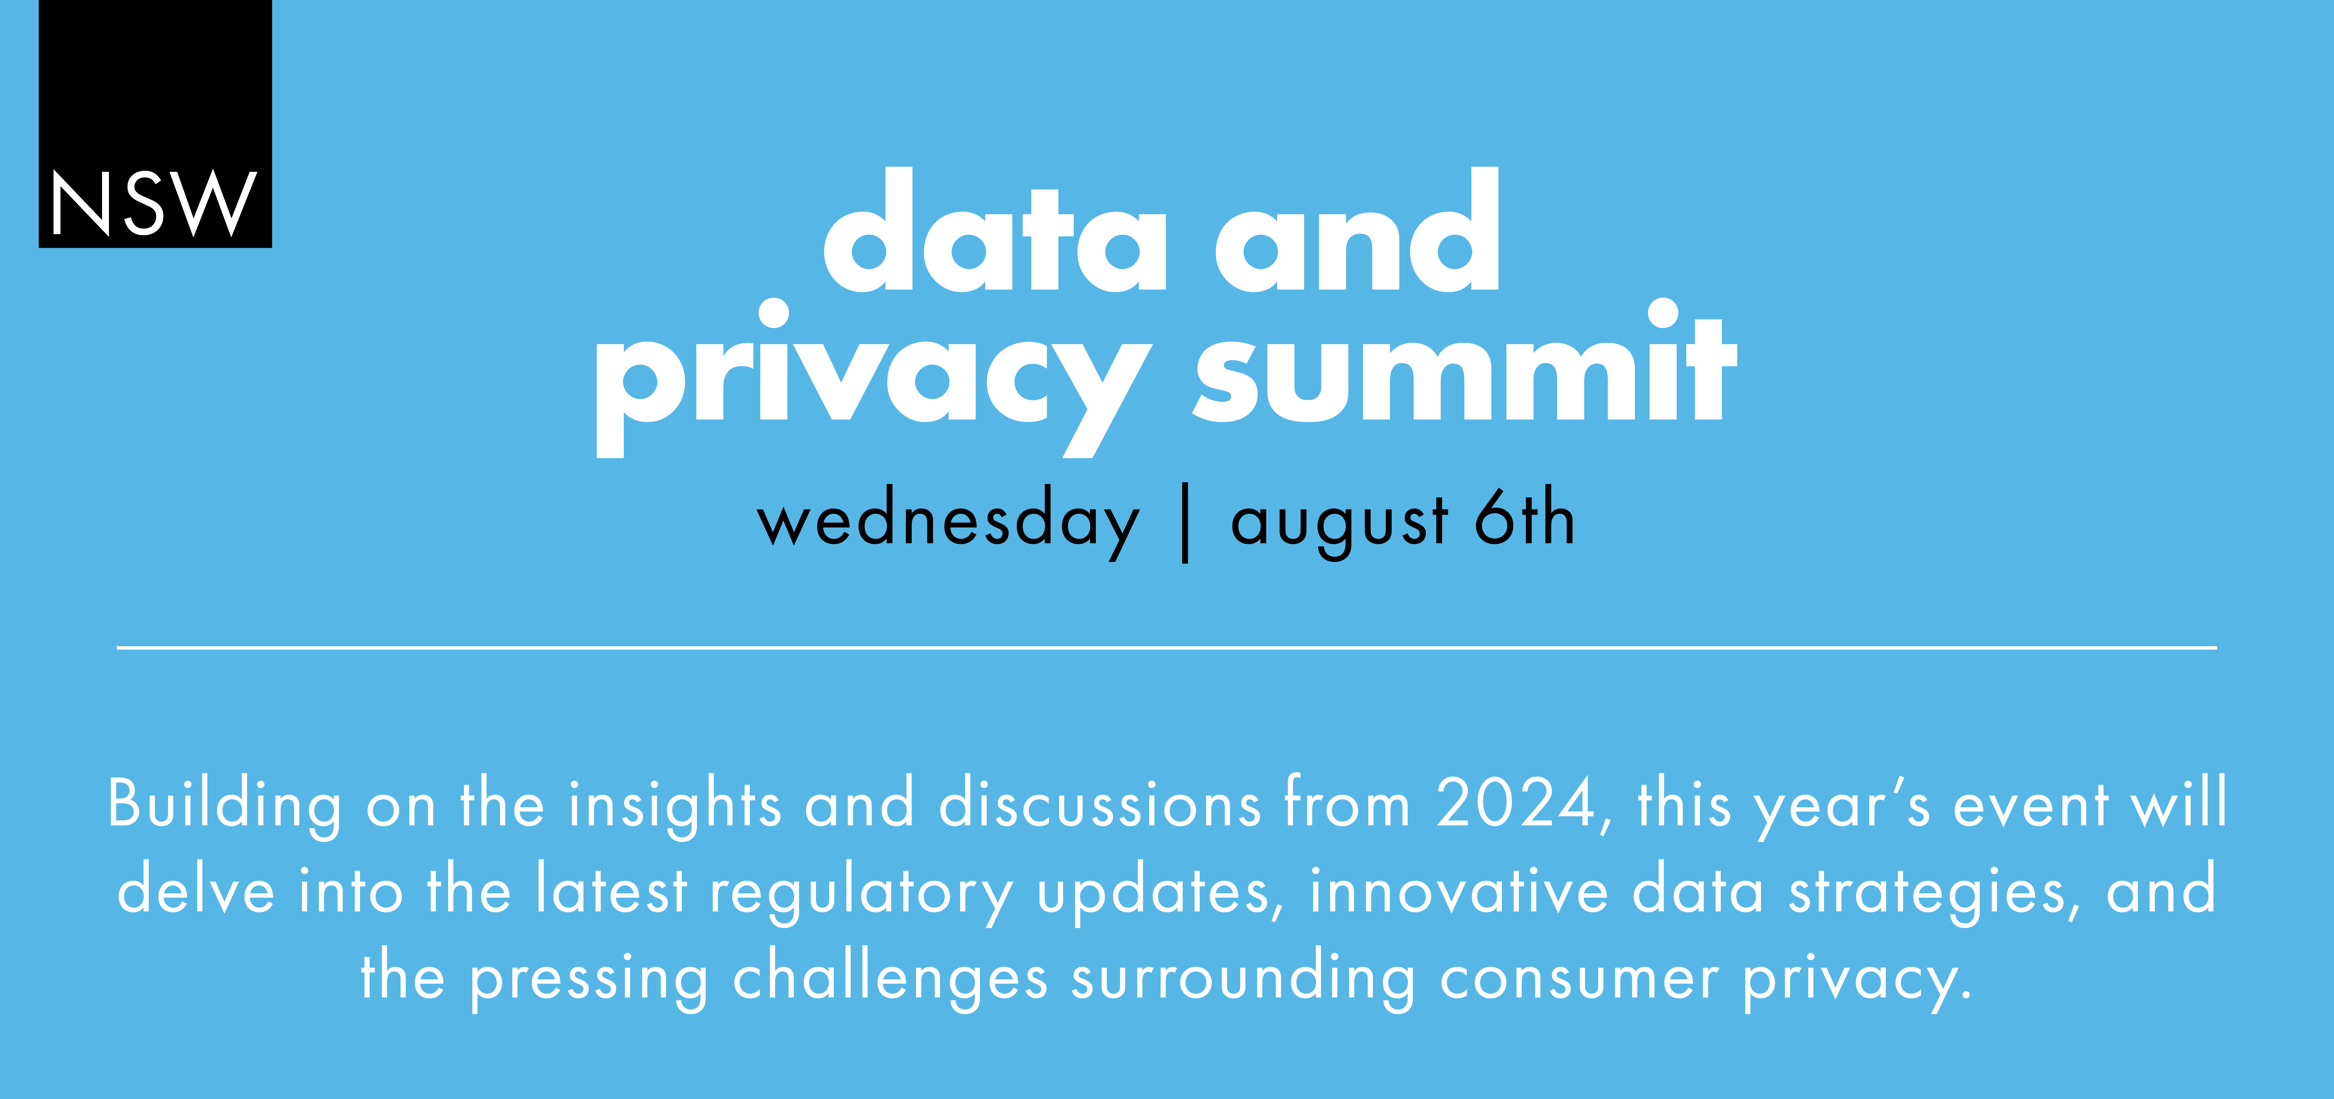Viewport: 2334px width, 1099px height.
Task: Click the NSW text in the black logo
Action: pyautogui.click(x=154, y=204)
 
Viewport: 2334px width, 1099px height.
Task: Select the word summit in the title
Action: pyautogui.click(x=1465, y=361)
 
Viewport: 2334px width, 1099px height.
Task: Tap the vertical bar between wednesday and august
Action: pyautogui.click(x=1185, y=523)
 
